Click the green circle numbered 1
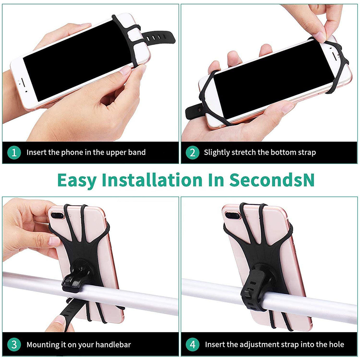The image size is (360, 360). [x=14, y=153]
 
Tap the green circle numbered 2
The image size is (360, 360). [x=193, y=153]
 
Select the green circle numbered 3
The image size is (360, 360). [x=14, y=345]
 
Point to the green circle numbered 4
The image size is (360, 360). [x=193, y=345]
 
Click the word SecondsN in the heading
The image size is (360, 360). [x=272, y=180]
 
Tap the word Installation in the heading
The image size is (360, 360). [x=152, y=180]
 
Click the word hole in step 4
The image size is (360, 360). [x=336, y=344]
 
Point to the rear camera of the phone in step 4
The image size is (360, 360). [x=233, y=216]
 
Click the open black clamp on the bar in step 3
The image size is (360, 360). [x=74, y=279]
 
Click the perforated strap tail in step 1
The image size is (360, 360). [x=158, y=37]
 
